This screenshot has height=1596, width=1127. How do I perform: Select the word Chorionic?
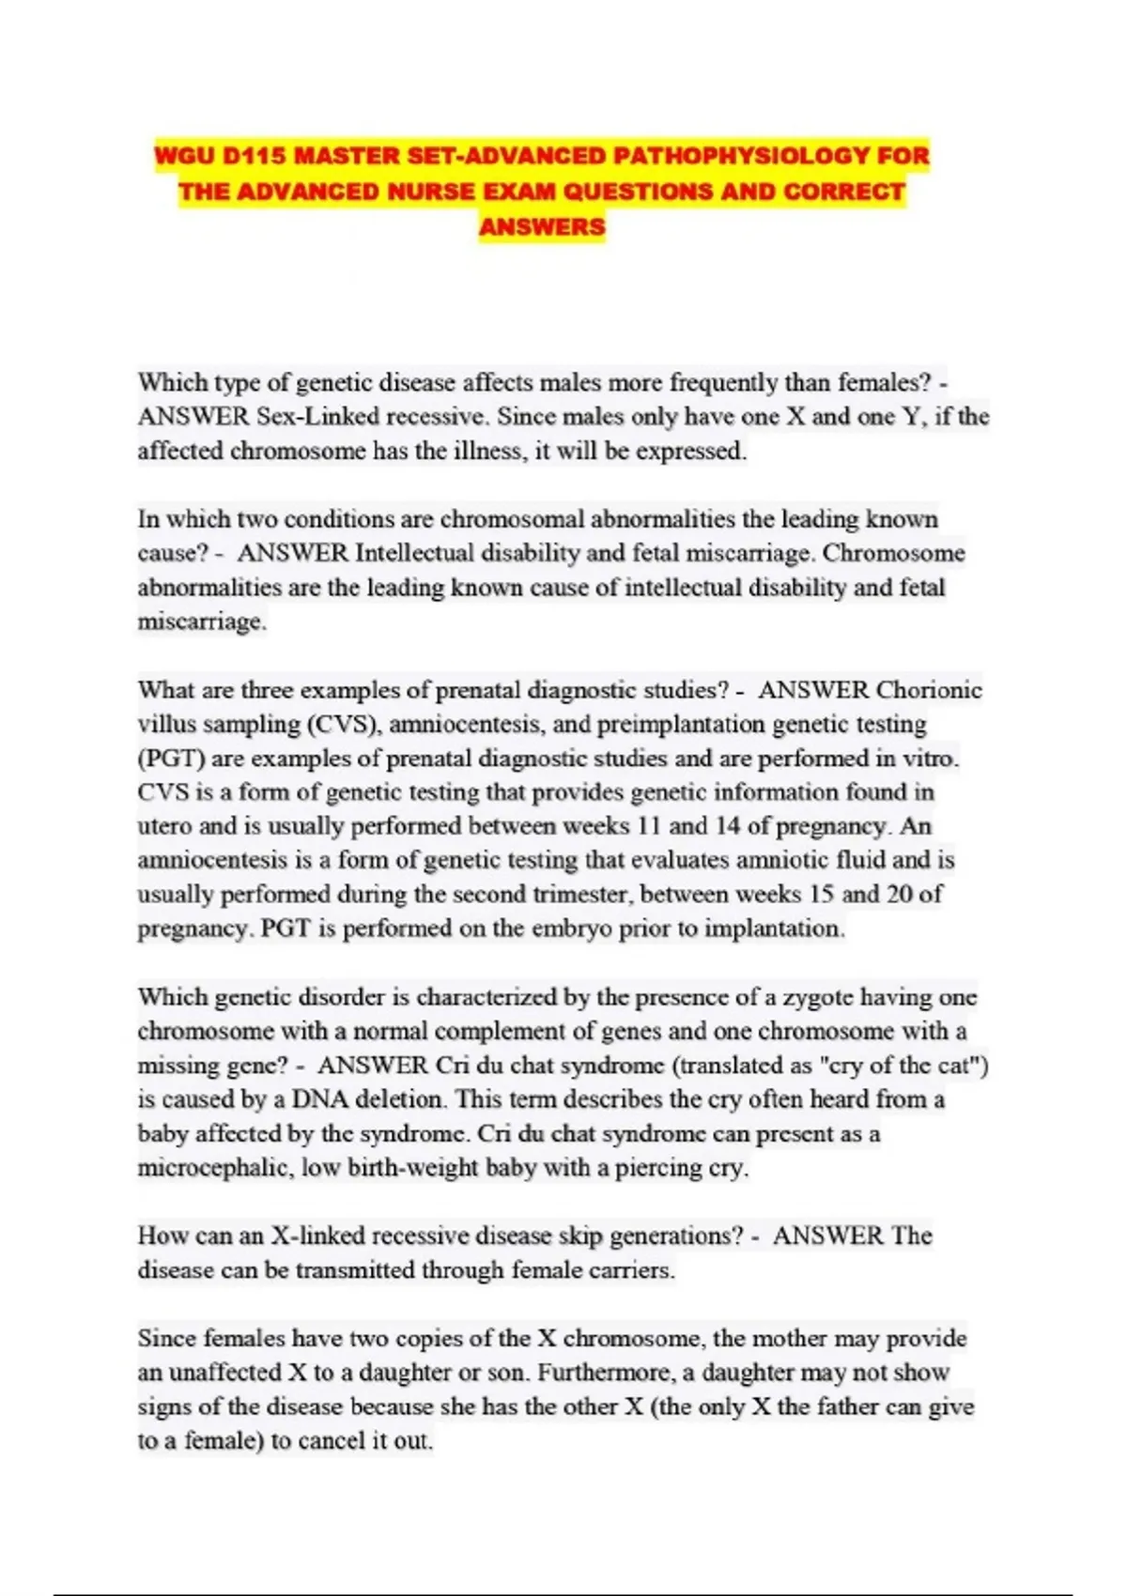point(929,690)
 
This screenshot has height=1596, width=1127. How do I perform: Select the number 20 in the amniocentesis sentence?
point(899,895)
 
